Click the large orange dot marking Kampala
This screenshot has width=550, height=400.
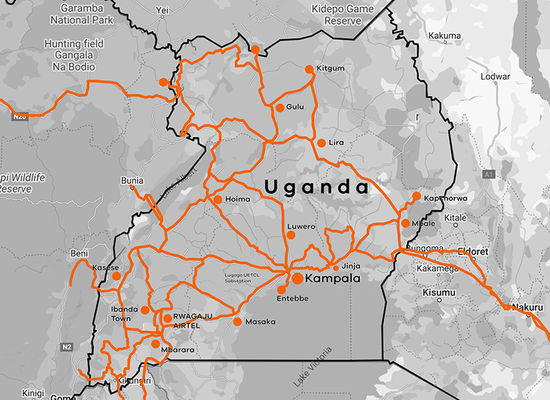(x=297, y=278)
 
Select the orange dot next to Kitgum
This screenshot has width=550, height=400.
(x=309, y=69)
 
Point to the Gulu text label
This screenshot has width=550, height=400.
(x=295, y=106)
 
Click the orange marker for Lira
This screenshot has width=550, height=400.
(x=321, y=143)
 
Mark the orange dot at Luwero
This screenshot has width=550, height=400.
(x=291, y=235)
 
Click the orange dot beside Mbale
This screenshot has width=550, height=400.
(x=405, y=223)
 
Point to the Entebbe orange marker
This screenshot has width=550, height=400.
(x=281, y=290)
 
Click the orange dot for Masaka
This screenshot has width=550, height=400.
(x=237, y=322)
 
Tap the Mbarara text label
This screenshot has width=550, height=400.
(x=178, y=350)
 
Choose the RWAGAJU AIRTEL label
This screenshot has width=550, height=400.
(x=193, y=321)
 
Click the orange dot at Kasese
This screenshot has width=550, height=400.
(x=116, y=276)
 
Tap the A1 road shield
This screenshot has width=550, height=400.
(x=489, y=174)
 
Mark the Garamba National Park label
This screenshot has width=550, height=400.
(x=82, y=15)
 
